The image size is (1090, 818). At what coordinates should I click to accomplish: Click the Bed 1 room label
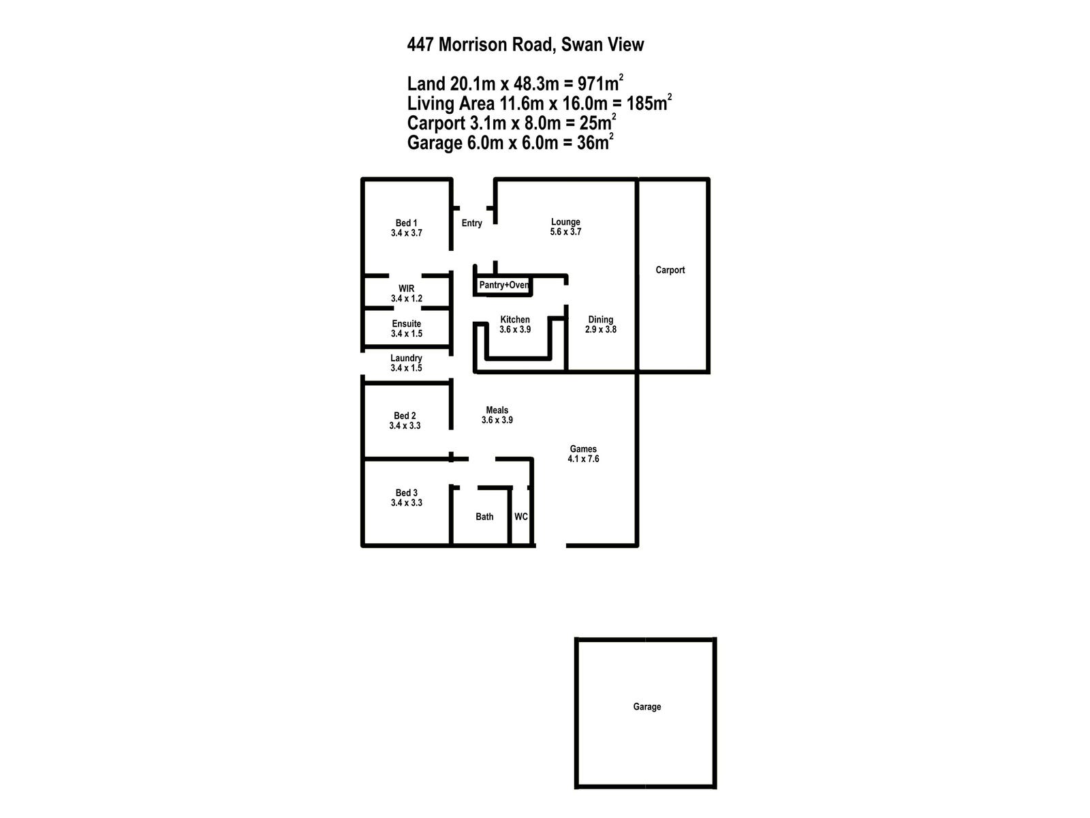[x=406, y=223]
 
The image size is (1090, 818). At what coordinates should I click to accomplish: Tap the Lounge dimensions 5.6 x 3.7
[x=565, y=232]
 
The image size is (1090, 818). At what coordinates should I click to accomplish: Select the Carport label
[x=670, y=270]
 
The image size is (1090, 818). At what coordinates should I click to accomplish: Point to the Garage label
[x=647, y=707]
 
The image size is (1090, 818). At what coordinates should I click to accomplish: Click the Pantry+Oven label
[x=503, y=285]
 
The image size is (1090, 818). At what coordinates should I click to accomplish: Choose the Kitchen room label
[x=514, y=320]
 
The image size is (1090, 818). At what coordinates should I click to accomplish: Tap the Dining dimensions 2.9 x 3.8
[x=600, y=329]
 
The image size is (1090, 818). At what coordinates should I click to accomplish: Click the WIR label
[x=406, y=289]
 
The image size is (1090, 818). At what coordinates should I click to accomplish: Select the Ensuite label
[x=406, y=324]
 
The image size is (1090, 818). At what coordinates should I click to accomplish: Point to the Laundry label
[x=406, y=359]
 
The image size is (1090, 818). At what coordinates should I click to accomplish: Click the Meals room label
[x=497, y=410]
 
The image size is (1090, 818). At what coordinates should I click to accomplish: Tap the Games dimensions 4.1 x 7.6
[x=583, y=459]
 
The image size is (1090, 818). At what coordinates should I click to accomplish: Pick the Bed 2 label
[x=405, y=416]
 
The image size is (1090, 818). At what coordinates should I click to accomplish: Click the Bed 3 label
[x=406, y=493]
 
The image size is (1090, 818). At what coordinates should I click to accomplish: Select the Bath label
[x=484, y=517]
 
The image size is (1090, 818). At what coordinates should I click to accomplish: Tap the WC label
[x=520, y=517]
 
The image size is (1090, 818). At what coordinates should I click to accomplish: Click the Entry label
[x=471, y=223]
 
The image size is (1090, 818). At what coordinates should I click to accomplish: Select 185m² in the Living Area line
[x=649, y=104]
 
